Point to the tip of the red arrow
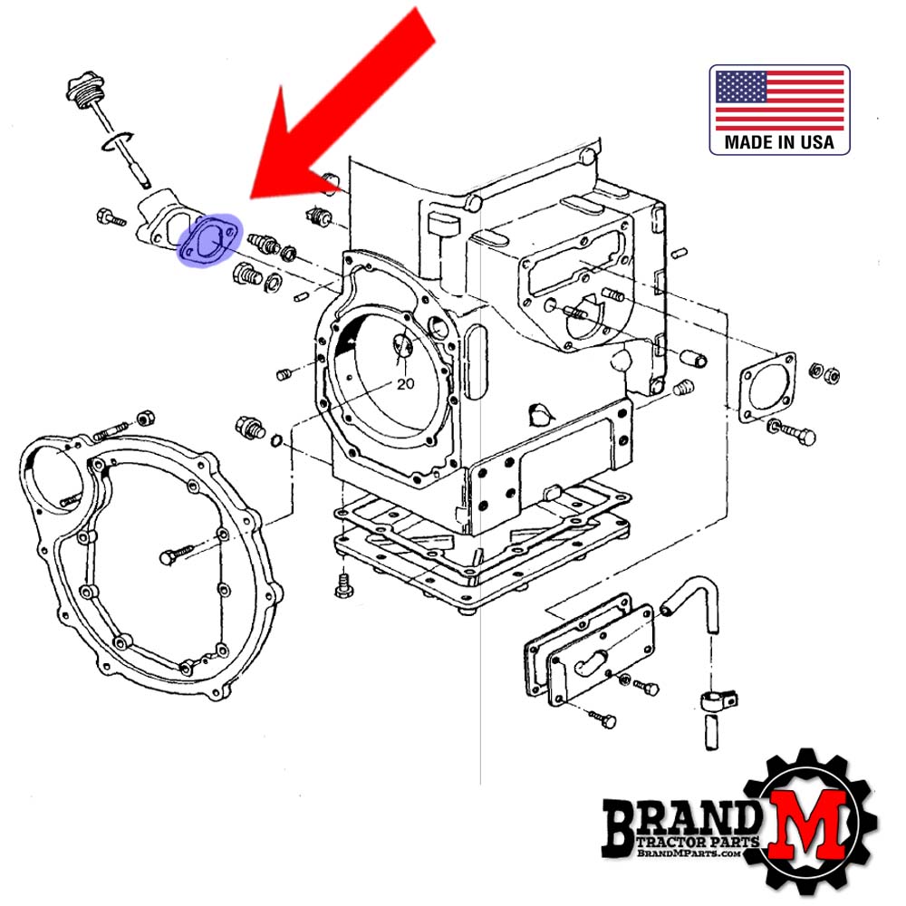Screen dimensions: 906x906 click(x=251, y=198)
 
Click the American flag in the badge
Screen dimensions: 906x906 click(x=779, y=101)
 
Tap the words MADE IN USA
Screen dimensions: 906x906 click(x=779, y=142)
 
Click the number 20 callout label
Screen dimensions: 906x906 click(x=406, y=383)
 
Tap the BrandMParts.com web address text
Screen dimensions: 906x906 click(x=689, y=853)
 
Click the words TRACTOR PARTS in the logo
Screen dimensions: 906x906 click(x=698, y=842)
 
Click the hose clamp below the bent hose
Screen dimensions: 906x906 click(x=718, y=701)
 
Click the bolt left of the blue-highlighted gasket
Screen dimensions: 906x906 click(x=111, y=217)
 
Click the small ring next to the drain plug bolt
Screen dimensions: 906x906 click(x=276, y=441)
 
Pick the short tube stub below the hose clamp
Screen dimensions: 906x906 click(x=712, y=733)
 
